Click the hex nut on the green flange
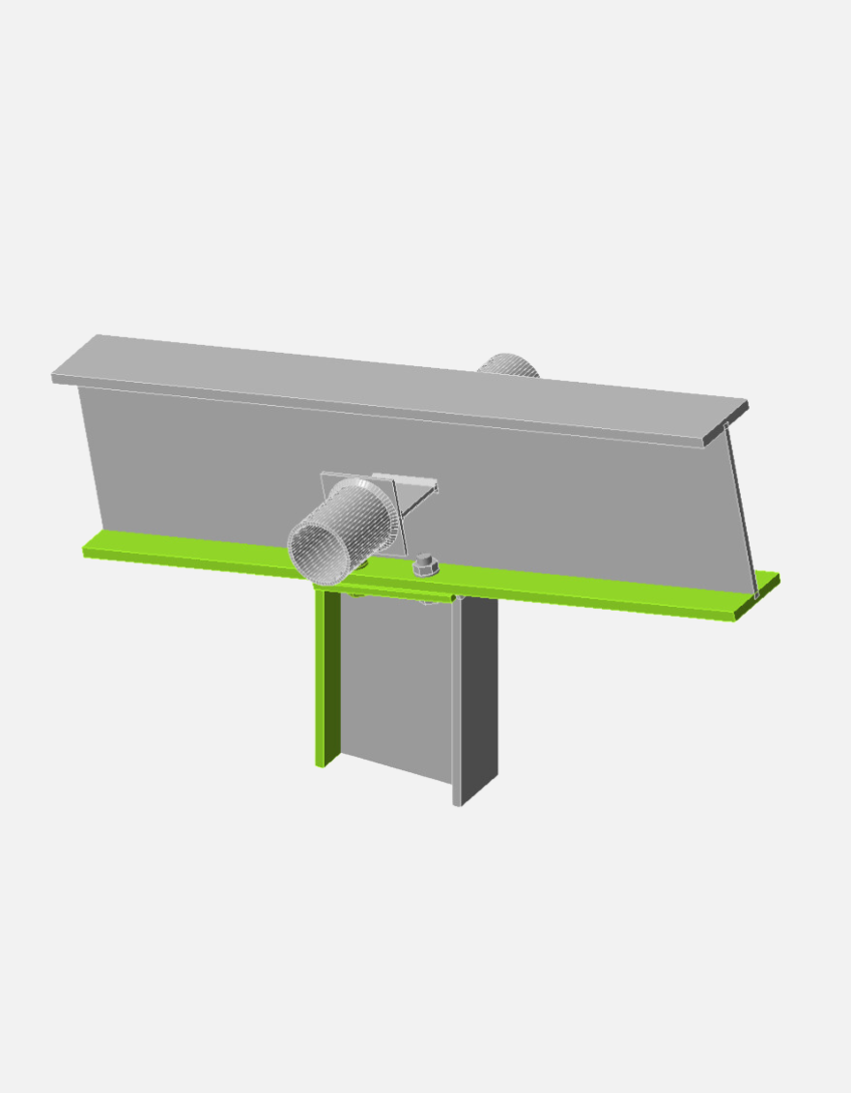[x=425, y=566]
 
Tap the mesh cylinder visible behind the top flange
[x=508, y=365]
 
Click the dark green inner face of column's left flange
[x=331, y=676]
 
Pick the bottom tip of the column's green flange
[x=321, y=763]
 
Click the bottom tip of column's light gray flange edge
[x=457, y=802]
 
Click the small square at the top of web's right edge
[x=726, y=425]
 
